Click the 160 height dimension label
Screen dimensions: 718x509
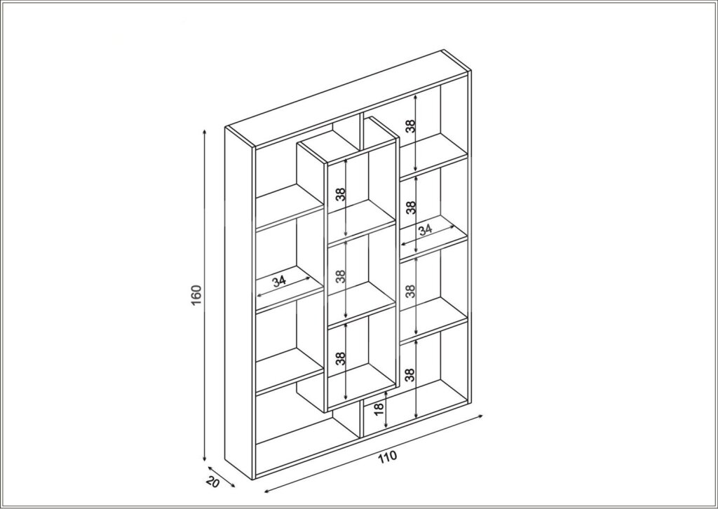196,295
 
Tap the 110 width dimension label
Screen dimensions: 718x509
387,456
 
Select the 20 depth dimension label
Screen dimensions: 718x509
213,482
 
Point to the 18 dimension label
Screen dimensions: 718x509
379,409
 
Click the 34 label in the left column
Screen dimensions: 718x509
279,280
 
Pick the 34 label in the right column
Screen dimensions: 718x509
426,229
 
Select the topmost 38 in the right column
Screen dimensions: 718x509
411,126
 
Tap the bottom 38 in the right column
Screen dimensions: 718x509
411,375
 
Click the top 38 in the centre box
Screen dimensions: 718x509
340,194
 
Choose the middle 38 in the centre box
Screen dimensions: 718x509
340,276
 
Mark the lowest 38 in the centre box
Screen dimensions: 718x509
340,358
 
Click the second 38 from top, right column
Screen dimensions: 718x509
411,208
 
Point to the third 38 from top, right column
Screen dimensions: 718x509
411,291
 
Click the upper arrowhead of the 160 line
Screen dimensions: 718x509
204,132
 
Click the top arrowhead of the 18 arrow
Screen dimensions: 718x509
386,393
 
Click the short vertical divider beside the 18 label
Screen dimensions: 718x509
362,421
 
